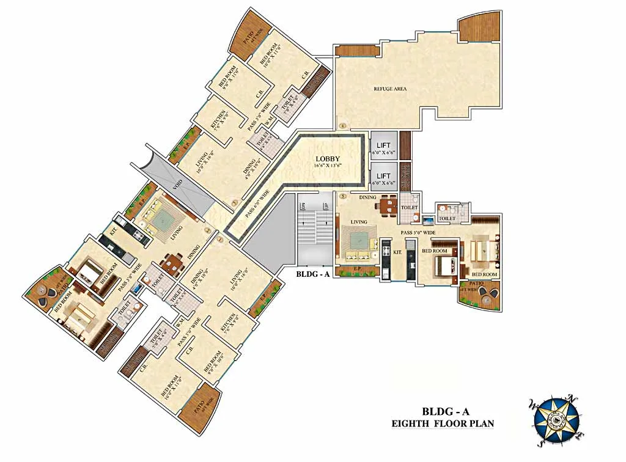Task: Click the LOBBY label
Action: point(328,159)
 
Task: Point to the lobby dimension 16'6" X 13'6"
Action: point(328,166)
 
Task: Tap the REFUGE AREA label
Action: point(390,89)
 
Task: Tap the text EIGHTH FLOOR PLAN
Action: point(443,423)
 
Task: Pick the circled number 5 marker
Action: point(344,197)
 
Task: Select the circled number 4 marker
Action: point(343,127)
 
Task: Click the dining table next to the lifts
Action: point(386,206)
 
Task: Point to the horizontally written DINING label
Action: point(367,197)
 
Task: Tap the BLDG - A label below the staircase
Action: point(313,274)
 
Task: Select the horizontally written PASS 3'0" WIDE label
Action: point(418,233)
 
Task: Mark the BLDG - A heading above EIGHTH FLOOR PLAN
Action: point(443,411)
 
